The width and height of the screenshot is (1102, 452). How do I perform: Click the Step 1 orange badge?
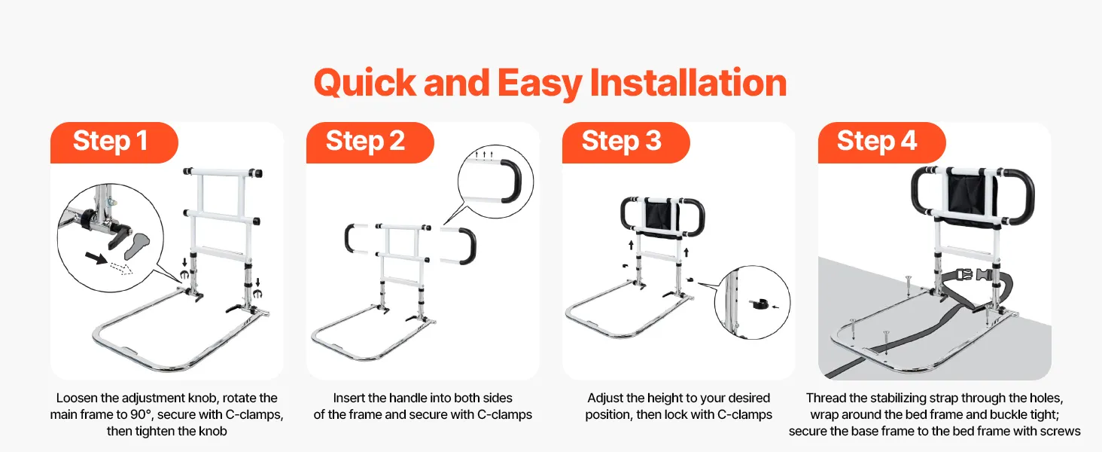click(x=114, y=142)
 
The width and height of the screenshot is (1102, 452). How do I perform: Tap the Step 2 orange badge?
click(x=370, y=142)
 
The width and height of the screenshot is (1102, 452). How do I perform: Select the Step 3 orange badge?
click(x=626, y=142)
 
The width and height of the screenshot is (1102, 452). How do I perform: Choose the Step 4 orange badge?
click(x=881, y=142)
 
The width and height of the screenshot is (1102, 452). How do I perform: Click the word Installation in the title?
click(x=688, y=83)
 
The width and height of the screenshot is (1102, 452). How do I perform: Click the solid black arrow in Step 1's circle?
click(x=96, y=258)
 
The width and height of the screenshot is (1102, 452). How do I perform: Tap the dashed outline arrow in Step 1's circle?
click(x=121, y=268)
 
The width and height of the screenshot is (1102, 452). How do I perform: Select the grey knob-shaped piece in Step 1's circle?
click(x=137, y=246)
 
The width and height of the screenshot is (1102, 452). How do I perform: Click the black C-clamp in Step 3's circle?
click(x=758, y=304)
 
